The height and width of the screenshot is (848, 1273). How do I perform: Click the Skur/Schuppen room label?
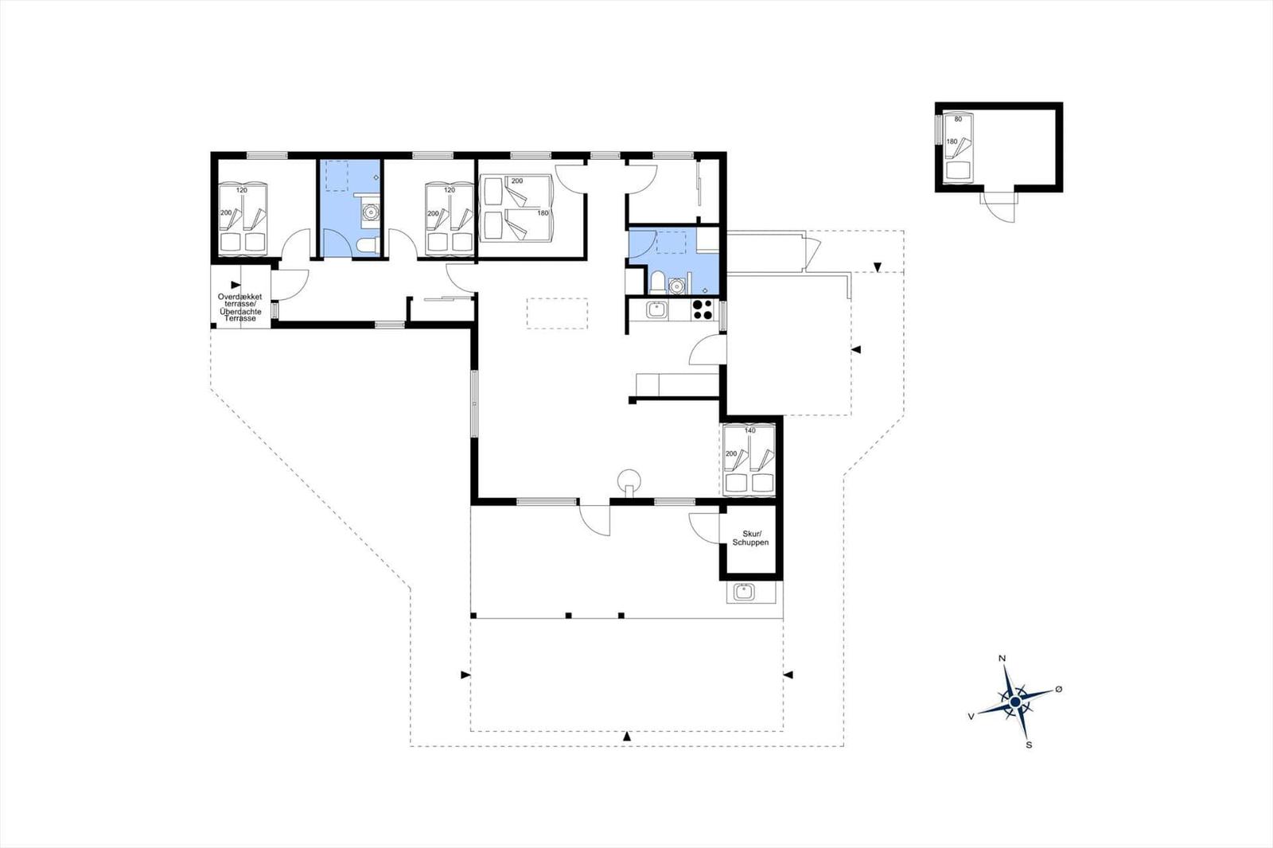750,539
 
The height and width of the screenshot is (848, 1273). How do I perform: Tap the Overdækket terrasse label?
239,300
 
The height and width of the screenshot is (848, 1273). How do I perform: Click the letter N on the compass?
1002,659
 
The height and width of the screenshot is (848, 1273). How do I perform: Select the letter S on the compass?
1029,745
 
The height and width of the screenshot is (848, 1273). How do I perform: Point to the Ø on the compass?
1059,689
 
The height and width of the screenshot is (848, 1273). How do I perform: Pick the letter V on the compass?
971,717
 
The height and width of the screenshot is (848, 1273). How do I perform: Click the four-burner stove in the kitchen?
703,309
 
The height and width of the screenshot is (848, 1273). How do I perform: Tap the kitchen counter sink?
657,309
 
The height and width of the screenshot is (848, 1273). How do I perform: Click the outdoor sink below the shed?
743,592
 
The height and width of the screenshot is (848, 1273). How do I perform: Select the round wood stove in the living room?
629,480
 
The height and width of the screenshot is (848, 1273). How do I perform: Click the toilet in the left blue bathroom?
368,246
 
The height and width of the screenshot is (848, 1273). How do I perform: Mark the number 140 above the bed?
749,430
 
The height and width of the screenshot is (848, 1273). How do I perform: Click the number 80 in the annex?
958,119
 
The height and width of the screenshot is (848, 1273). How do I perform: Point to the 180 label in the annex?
952,142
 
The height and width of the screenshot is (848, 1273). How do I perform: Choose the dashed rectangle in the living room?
557,313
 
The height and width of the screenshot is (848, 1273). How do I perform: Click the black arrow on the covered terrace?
236,285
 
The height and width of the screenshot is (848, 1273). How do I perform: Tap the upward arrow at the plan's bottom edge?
627,736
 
